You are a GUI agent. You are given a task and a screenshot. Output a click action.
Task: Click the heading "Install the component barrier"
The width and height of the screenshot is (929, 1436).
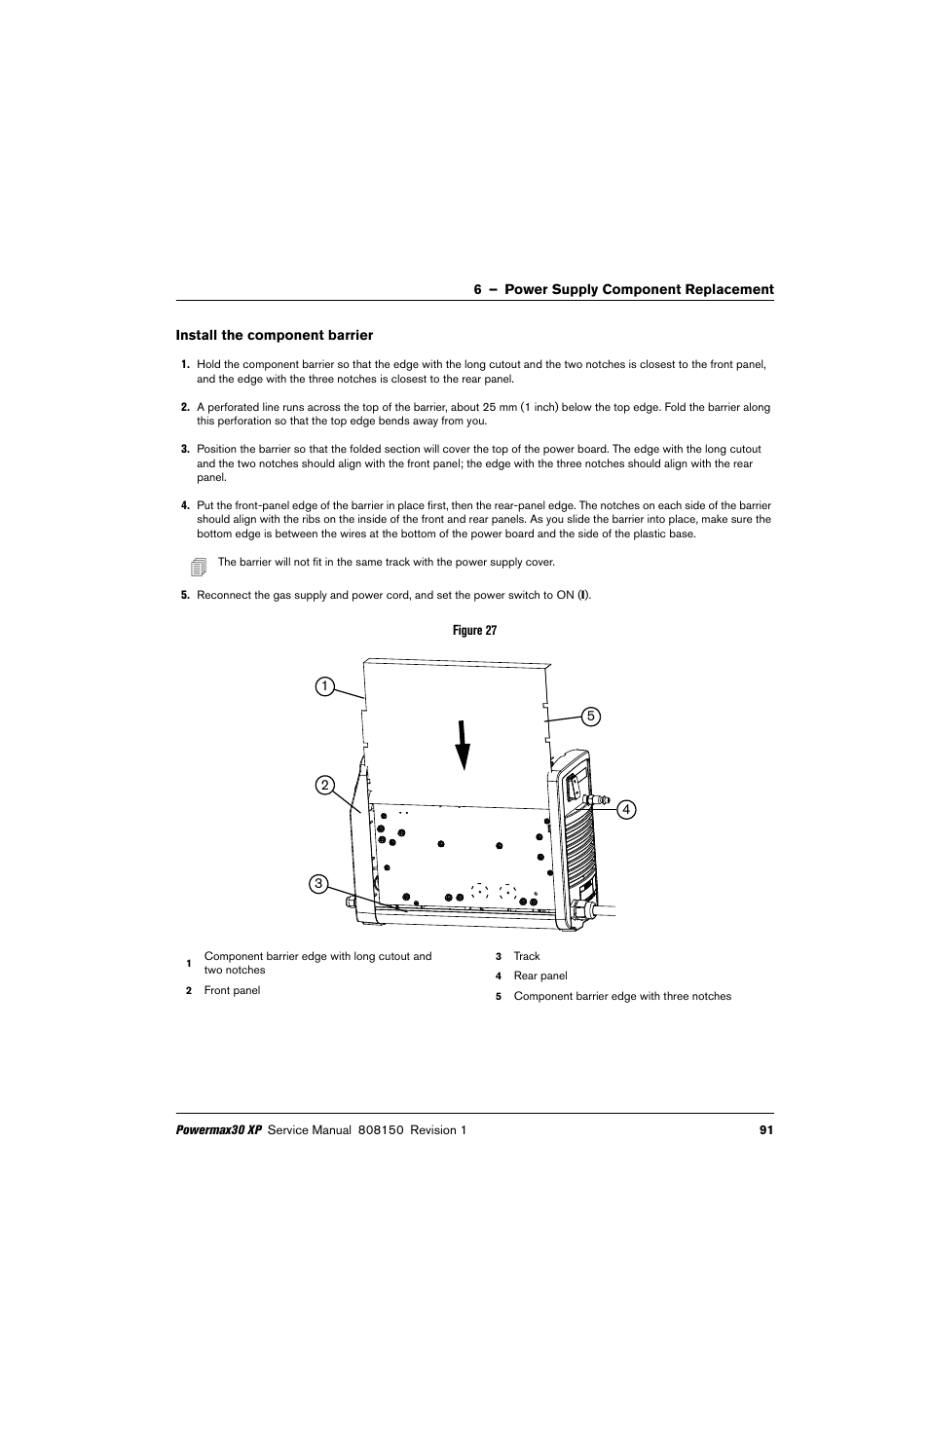pos(274,335)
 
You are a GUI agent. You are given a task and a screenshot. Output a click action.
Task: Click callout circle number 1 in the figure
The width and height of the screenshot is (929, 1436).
pos(323,686)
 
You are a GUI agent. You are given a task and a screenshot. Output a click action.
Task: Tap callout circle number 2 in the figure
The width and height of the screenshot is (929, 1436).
pos(323,785)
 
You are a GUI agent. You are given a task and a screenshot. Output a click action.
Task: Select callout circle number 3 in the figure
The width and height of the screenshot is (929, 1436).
pos(317,884)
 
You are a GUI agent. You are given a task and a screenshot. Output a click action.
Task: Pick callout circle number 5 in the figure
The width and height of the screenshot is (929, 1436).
pos(589,717)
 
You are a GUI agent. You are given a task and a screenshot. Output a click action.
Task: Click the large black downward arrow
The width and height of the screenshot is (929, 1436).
pos(463,744)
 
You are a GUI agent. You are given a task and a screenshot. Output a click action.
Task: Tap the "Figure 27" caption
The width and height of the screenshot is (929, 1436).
pos(474,631)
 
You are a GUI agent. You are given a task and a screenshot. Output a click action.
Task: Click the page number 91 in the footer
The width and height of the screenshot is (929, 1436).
pos(765,1130)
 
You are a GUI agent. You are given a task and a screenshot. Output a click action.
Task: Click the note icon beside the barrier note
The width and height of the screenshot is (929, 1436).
pos(199,566)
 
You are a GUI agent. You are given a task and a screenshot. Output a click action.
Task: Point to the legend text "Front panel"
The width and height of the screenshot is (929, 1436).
pos(232,991)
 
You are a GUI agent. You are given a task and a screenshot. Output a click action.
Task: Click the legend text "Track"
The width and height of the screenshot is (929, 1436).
pos(527,956)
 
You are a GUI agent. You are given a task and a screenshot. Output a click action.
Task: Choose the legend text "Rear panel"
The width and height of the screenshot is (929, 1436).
pos(540,976)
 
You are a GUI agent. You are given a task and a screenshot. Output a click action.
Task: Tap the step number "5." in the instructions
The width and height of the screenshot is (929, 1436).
pos(185,596)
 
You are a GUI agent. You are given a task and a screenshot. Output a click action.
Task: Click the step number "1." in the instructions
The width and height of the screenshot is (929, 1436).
pos(185,365)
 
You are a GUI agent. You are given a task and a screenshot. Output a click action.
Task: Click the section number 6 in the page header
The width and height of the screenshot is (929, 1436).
pos(478,289)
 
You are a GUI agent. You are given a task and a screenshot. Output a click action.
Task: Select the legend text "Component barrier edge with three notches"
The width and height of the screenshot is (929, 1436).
pos(622,996)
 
